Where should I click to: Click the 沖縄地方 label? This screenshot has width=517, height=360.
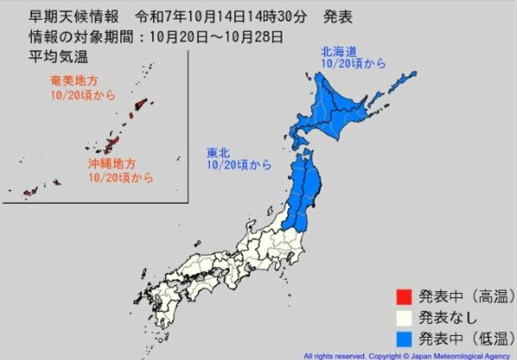[x=109, y=164]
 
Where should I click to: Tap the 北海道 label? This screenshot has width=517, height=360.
[x=337, y=49]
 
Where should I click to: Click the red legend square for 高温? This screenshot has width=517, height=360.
[x=403, y=296]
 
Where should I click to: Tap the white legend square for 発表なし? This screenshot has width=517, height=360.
[x=403, y=316]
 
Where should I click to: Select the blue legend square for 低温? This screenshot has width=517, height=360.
[x=403, y=336]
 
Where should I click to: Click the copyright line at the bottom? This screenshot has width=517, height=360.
[x=407, y=355]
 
